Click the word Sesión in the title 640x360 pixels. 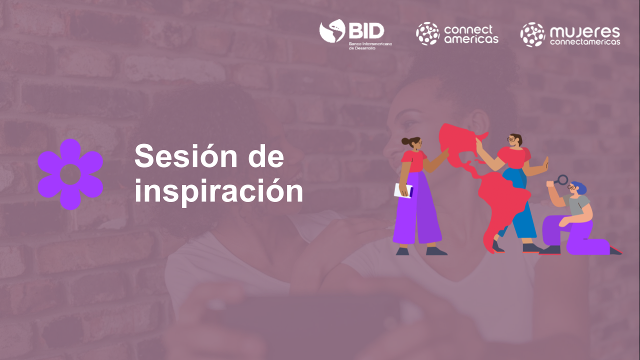coord(185,156)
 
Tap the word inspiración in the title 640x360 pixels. coord(218,191)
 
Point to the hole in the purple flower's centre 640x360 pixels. coord(70,174)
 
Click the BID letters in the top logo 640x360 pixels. coord(366,31)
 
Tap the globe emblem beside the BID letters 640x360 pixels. coord(332,30)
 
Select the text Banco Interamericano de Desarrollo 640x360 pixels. coord(370,46)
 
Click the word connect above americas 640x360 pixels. coord(468,29)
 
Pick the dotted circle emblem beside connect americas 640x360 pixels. coord(427,33)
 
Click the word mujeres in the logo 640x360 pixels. coord(584,32)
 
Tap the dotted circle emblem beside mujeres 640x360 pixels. coord(532,34)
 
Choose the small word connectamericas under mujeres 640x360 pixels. coord(584,42)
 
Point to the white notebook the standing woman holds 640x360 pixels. coord(403,190)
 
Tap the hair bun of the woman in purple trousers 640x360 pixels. coord(405,141)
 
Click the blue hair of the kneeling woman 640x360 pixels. coord(580,187)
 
